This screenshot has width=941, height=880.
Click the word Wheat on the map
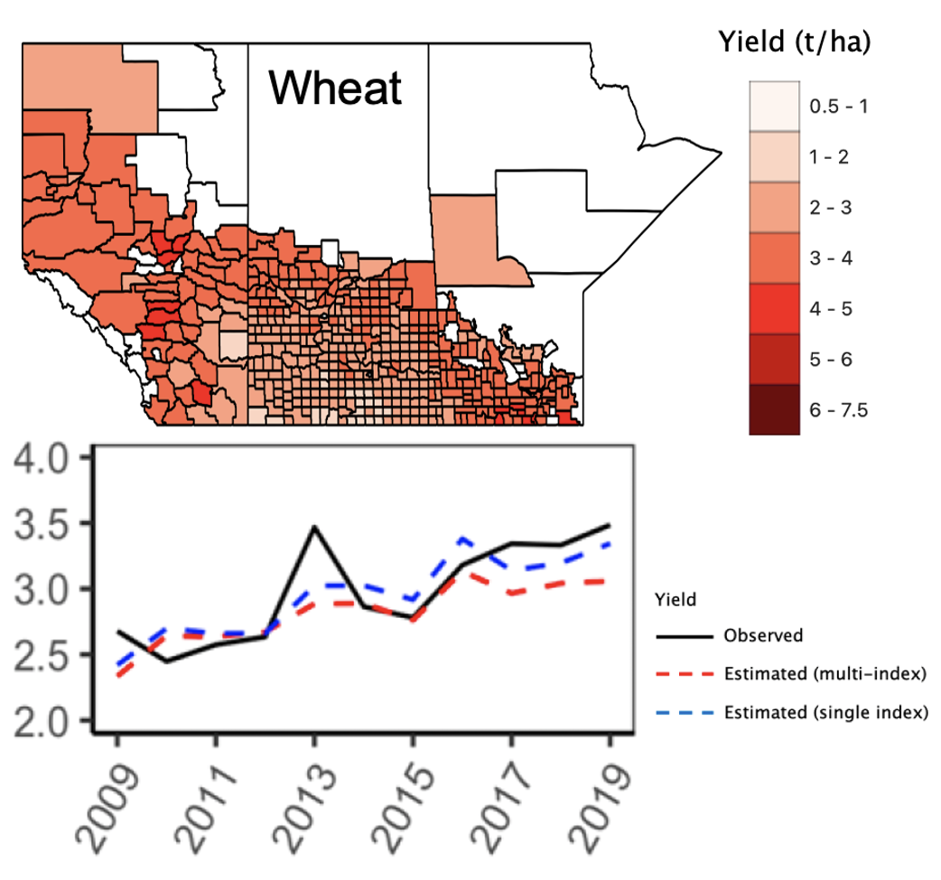coord(335,89)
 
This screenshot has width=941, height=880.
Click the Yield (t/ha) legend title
coord(795,42)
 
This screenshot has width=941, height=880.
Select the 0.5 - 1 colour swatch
coord(774,107)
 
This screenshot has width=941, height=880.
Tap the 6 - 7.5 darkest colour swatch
coord(774,410)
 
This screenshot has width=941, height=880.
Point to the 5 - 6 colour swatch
coord(774,360)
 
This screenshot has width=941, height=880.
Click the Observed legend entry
coord(763,635)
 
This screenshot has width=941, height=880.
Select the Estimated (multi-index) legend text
coord(825,674)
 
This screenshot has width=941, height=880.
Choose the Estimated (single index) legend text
coord(825,713)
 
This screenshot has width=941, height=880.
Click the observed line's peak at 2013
coord(314,526)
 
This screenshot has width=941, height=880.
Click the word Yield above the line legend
coord(670,597)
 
